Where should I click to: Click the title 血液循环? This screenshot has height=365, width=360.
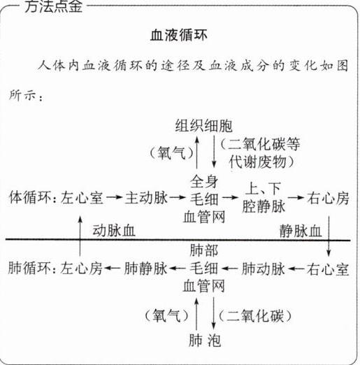click(x=179, y=36)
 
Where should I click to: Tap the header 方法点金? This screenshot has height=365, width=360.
click(x=53, y=6)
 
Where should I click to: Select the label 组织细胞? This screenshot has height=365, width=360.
click(x=204, y=126)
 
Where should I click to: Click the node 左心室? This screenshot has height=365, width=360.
click(x=82, y=198)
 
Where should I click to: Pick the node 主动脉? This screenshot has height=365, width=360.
click(x=146, y=198)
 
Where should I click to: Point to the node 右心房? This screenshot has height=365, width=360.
click(x=328, y=198)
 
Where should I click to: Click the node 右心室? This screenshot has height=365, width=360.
click(x=328, y=269)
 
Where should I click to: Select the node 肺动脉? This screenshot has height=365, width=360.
click(x=264, y=269)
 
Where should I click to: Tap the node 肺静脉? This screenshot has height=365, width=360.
click(x=145, y=269)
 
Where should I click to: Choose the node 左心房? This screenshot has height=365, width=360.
click(x=81, y=269)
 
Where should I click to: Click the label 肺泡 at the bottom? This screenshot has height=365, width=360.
click(x=205, y=341)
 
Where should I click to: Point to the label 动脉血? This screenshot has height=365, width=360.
click(x=114, y=231)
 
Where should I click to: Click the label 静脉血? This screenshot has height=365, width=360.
click(x=301, y=231)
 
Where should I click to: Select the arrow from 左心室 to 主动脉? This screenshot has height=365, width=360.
click(x=114, y=198)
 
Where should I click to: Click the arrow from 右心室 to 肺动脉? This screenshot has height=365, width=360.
click(x=296, y=269)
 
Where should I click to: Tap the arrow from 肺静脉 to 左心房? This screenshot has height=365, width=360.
click(x=112, y=269)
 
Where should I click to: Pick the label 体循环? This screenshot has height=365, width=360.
click(x=30, y=198)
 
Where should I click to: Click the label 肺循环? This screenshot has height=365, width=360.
click(x=29, y=269)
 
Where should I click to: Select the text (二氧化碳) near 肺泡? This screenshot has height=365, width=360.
click(x=255, y=316)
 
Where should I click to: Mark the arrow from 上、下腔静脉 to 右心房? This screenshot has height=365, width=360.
click(x=296, y=198)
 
